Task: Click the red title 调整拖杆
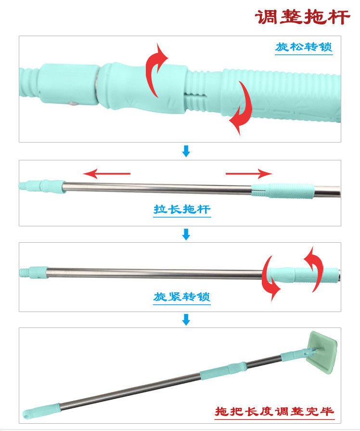pos(302,17)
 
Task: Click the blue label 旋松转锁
pos(304,47)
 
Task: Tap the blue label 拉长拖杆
pos(182,209)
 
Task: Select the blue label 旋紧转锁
pos(182,297)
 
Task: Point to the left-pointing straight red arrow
pos(106,173)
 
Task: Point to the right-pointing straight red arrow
pos(248,173)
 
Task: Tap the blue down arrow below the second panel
pos(186,234)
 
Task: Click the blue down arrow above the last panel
pos(186,319)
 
